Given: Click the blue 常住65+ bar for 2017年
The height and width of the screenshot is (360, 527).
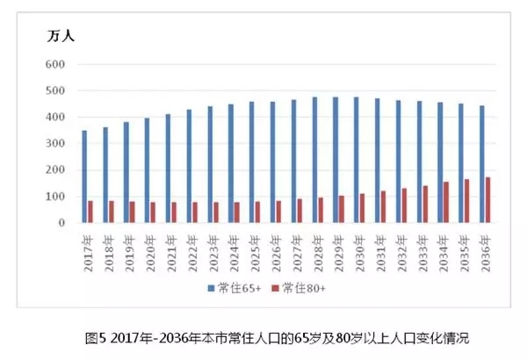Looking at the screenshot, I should click(84, 176).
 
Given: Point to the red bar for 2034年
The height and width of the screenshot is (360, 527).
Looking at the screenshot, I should click(445, 202).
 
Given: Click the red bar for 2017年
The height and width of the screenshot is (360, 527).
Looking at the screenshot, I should click(90, 212).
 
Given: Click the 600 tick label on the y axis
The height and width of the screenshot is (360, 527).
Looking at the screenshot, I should click(55, 65).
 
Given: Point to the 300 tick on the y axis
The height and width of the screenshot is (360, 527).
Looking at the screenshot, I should click(55, 144).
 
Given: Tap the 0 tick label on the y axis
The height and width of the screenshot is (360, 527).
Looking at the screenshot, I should click(62, 223).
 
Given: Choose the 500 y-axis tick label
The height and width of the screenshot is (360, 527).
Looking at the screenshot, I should click(55, 91).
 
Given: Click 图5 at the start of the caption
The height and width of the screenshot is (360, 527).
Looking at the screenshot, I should click(96, 337).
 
